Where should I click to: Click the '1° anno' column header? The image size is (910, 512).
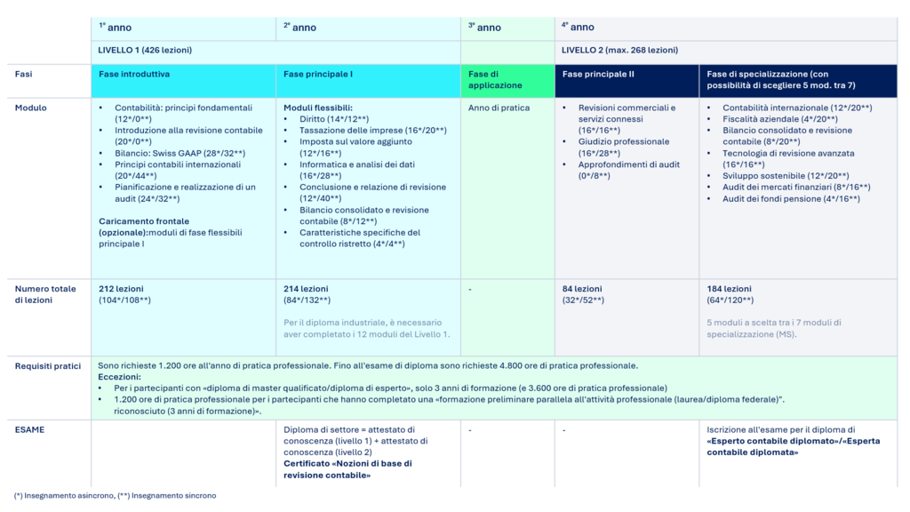tap(115, 28)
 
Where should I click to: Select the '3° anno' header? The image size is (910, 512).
tap(484, 28)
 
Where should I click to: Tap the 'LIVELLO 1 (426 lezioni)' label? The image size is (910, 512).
tap(145, 51)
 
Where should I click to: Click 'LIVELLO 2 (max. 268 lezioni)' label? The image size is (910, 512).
tap(619, 51)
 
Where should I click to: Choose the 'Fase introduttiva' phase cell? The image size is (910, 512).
tap(134, 75)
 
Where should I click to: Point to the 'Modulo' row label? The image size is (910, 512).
tap(30, 108)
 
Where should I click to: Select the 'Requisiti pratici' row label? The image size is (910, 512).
tap(47, 365)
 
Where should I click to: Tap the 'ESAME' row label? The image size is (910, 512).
tap(29, 429)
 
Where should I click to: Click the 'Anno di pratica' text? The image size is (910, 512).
tap(499, 108)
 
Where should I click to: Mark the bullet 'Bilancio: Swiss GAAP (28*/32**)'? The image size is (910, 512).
tap(180, 153)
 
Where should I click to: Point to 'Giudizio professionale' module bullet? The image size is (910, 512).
tap(624, 141)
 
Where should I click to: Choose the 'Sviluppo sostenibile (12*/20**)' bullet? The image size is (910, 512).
tap(785, 176)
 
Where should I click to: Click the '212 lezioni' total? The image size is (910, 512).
tap(121, 289)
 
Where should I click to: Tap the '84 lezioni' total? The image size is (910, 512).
tap(581, 289)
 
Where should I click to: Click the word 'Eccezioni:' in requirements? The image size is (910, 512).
tap(120, 377)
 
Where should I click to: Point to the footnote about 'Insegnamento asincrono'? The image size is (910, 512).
tap(62, 495)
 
